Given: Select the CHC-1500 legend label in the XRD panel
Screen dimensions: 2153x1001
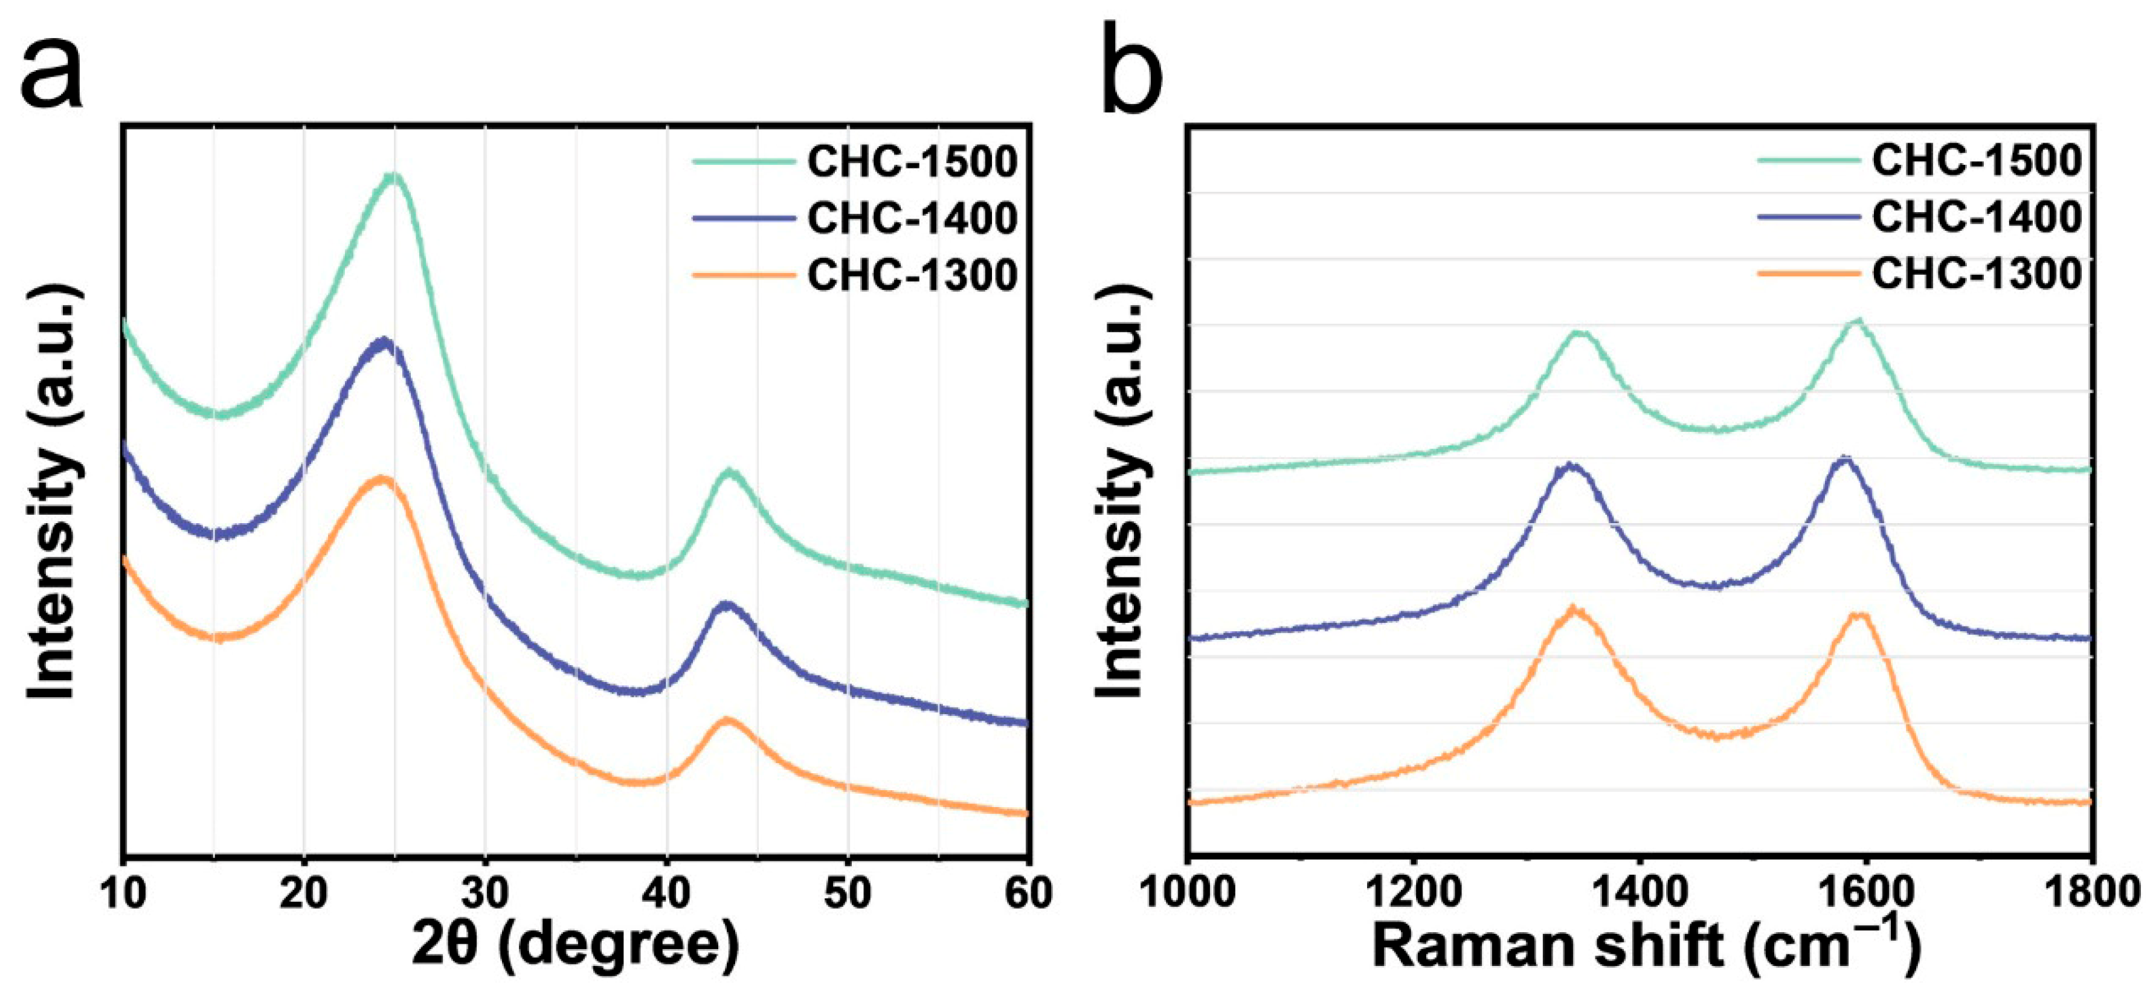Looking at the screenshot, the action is tap(912, 161).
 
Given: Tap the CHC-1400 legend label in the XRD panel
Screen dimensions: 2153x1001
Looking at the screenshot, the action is tap(912, 218).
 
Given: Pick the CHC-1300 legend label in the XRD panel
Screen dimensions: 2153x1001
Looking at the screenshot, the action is tap(912, 275).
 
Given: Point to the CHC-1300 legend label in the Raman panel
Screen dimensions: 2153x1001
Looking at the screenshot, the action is tap(1977, 273).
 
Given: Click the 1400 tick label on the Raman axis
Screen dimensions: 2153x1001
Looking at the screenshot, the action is tap(1639, 892).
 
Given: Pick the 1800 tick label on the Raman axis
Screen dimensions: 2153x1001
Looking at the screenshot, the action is tap(2091, 892).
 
